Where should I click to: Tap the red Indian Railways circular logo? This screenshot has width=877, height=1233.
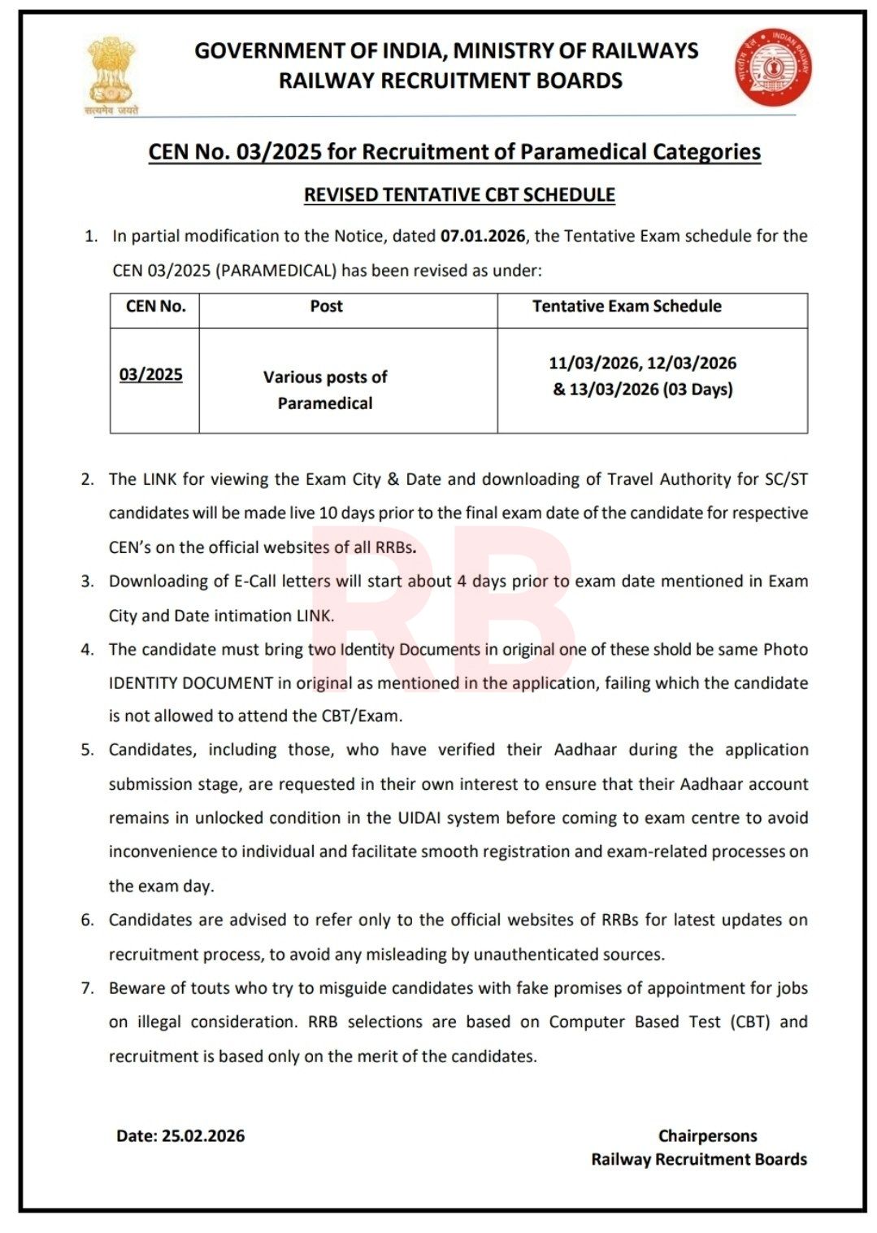(773, 68)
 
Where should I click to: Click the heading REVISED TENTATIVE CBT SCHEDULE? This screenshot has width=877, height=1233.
(459, 195)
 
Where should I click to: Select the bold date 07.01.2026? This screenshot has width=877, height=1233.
(483, 236)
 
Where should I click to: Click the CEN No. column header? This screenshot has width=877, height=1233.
(155, 307)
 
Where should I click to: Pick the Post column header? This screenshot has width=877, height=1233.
(326, 307)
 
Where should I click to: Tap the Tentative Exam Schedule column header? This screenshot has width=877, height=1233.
(627, 307)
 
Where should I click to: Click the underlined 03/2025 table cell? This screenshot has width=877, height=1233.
(151, 375)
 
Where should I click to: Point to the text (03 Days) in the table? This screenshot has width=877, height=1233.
(697, 390)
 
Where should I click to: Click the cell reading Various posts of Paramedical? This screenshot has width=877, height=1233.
(325, 390)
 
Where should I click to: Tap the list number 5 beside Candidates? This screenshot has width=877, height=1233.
(87, 750)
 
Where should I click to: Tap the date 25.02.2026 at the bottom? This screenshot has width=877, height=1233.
(203, 1136)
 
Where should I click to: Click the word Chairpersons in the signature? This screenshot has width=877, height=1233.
(707, 1136)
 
